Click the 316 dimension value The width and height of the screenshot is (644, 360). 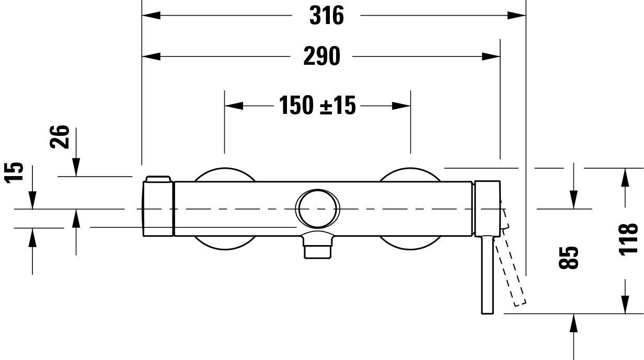point(326,16)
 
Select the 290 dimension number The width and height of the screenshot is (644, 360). point(321,56)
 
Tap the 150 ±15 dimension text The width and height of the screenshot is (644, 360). point(317,106)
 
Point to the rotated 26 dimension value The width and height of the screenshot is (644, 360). point(62,137)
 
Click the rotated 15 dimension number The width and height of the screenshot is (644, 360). point(15,173)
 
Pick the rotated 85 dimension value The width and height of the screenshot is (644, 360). point(569,258)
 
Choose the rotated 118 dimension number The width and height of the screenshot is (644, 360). point(628,239)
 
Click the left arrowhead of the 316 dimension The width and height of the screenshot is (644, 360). point(151,16)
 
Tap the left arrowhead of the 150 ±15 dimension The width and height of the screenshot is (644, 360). point(234,106)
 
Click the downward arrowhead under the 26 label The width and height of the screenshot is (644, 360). point(76,168)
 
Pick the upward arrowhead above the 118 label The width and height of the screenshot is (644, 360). point(625,178)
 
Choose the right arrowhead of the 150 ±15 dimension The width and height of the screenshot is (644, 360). point(401,106)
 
